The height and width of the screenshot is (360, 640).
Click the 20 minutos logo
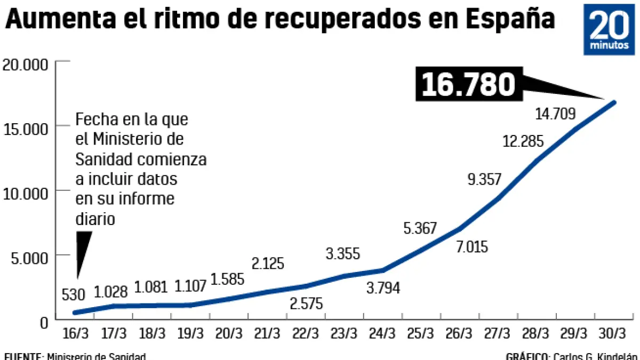point(610,30)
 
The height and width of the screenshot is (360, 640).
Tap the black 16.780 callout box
point(469,84)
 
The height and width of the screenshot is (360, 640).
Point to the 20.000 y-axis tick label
point(25,65)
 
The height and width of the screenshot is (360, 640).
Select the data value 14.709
point(555,113)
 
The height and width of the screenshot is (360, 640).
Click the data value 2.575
point(306,303)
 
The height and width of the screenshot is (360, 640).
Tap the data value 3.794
point(383,288)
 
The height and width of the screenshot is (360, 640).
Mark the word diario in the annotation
point(95,219)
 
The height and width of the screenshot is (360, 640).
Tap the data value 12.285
point(523,142)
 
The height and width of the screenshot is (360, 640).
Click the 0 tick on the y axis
point(44,322)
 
